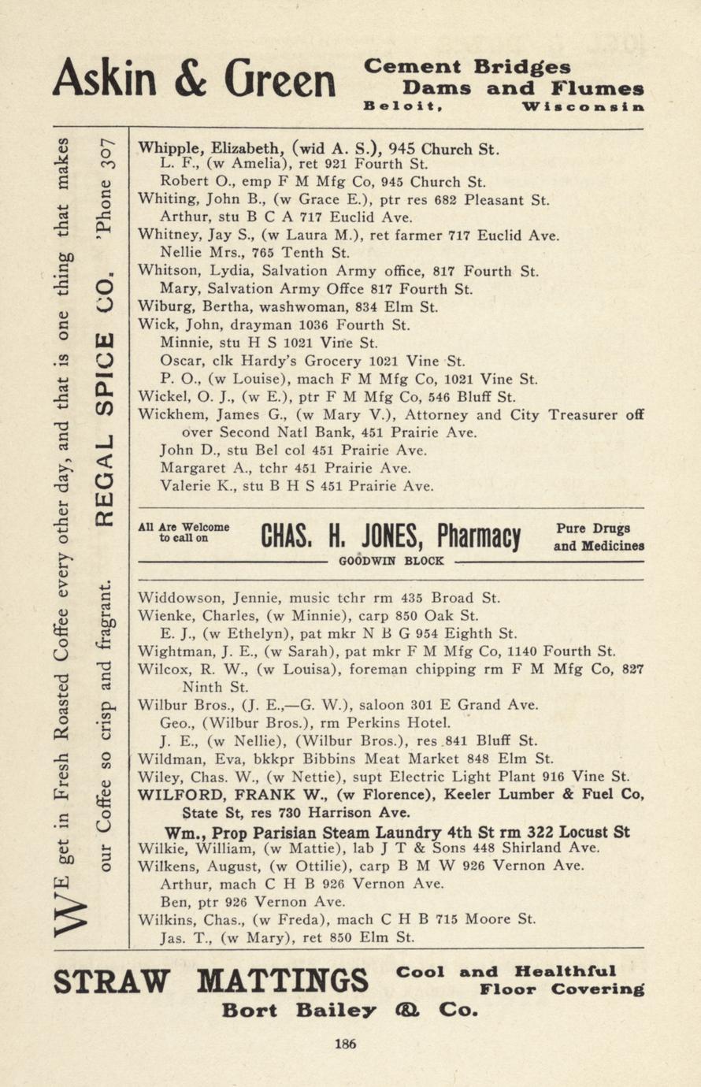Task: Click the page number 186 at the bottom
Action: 345,1044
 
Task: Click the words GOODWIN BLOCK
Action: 391,562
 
